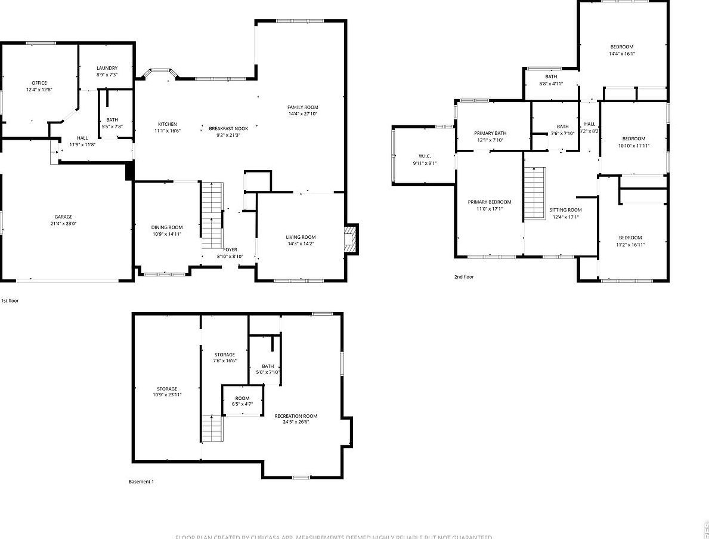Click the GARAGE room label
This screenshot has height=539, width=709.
tap(63, 217)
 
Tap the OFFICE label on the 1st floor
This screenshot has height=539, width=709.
tap(39, 83)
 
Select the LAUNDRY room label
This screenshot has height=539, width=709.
tap(107, 68)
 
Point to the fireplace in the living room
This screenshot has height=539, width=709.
tap(351, 239)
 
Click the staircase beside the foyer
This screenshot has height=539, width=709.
tap(211, 216)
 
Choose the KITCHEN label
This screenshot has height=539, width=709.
tap(168, 124)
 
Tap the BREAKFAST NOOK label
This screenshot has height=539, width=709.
tap(228, 128)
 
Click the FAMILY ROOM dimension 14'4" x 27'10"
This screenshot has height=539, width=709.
tap(303, 113)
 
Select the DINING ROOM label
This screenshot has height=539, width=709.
tap(167, 227)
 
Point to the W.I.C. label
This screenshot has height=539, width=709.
tap(425, 156)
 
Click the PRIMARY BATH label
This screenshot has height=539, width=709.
tap(490, 133)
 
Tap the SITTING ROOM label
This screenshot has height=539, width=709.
tap(565, 210)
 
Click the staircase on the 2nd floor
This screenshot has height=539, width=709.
tap(535, 193)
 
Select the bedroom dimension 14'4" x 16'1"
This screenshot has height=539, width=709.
tap(621, 54)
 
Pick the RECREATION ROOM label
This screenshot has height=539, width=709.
tap(296, 416)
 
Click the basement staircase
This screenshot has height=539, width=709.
tap(212, 429)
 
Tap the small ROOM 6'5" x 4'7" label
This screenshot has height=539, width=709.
tap(242, 398)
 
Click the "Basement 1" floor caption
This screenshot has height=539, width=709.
tap(141, 482)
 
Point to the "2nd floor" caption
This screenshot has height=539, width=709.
tap(464, 277)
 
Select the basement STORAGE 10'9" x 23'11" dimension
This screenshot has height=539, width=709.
tap(167, 395)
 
